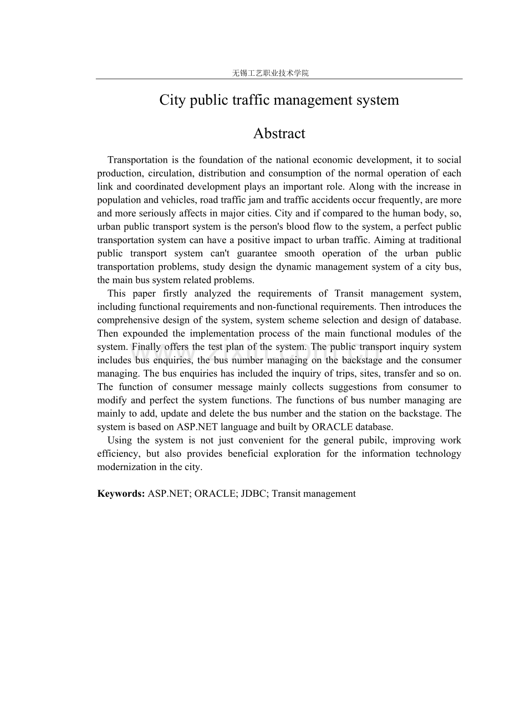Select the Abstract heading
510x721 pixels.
[279, 133]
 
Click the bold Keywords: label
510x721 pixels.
[121, 493]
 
